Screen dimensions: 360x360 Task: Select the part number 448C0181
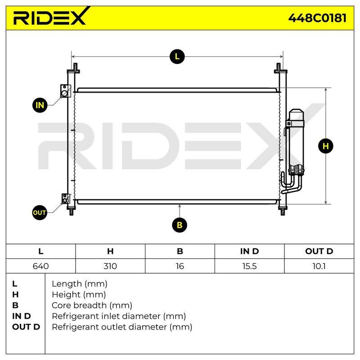[x=317, y=18]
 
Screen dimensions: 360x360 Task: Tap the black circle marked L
[x=177, y=57]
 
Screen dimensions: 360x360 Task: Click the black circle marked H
[x=325, y=146]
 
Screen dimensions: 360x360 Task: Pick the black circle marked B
[x=180, y=225]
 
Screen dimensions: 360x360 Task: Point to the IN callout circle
[x=40, y=105]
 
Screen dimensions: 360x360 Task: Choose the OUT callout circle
[x=40, y=212]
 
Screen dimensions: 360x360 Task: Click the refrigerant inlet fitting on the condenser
[x=65, y=91]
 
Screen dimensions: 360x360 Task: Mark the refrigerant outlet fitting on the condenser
[x=66, y=199]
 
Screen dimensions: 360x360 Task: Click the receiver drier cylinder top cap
[x=297, y=114]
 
